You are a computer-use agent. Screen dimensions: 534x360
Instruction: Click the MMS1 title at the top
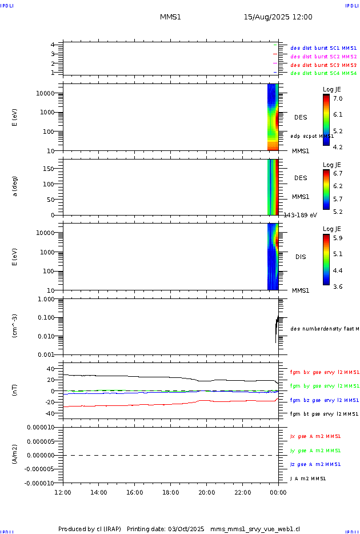[x=170, y=17]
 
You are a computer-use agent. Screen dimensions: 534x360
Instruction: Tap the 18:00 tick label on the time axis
[x=170, y=492]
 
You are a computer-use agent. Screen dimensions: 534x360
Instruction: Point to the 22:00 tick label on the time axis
[x=242, y=492]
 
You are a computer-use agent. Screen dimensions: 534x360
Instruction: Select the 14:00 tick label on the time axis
[x=99, y=492]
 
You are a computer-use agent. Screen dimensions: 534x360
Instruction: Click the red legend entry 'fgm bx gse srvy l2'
[x=324, y=372]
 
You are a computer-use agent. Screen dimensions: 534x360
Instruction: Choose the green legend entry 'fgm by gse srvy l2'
[x=324, y=386]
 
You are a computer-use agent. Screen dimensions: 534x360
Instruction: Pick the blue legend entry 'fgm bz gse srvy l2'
[x=324, y=400]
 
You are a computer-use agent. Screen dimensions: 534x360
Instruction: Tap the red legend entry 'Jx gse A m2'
[x=315, y=436]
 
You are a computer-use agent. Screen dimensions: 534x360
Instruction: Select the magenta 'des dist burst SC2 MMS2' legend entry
[x=323, y=57]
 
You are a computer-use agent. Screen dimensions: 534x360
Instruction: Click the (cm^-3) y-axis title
[x=15, y=326]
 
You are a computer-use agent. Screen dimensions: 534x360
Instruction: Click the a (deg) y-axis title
[x=15, y=186]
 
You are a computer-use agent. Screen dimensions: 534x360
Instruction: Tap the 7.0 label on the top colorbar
[x=338, y=99]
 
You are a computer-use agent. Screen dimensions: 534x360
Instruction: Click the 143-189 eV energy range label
[x=300, y=215]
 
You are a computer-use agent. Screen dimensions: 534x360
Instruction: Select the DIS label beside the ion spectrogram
[x=300, y=257]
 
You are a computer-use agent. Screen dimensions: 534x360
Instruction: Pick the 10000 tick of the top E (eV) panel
[x=44, y=93]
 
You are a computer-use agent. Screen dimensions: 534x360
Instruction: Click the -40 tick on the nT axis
[x=48, y=413]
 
